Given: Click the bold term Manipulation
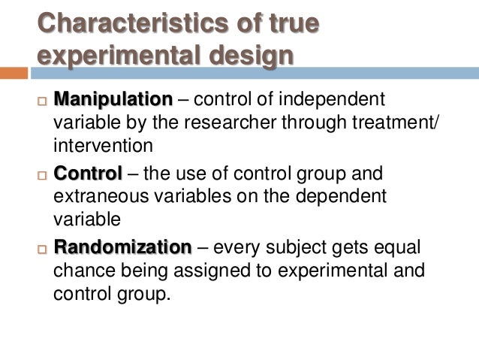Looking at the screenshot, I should tap(113, 100).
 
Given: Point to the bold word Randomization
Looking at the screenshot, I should tap(122, 247).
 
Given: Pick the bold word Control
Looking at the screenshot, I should tap(87, 174).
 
